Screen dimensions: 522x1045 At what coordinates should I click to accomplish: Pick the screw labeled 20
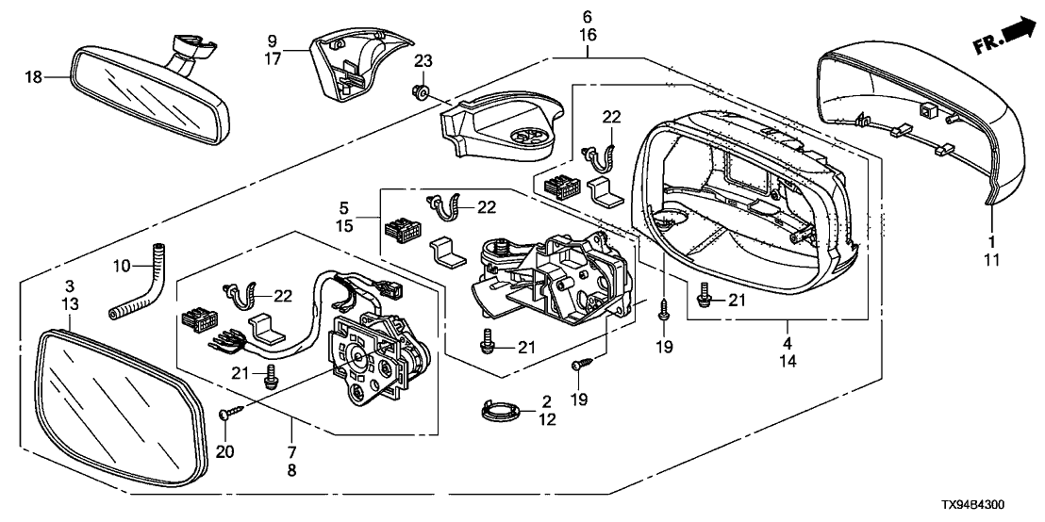tap(230, 413)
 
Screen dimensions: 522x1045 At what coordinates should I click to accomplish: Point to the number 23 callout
tap(423, 61)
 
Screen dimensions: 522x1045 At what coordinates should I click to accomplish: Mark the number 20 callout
tap(224, 450)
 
